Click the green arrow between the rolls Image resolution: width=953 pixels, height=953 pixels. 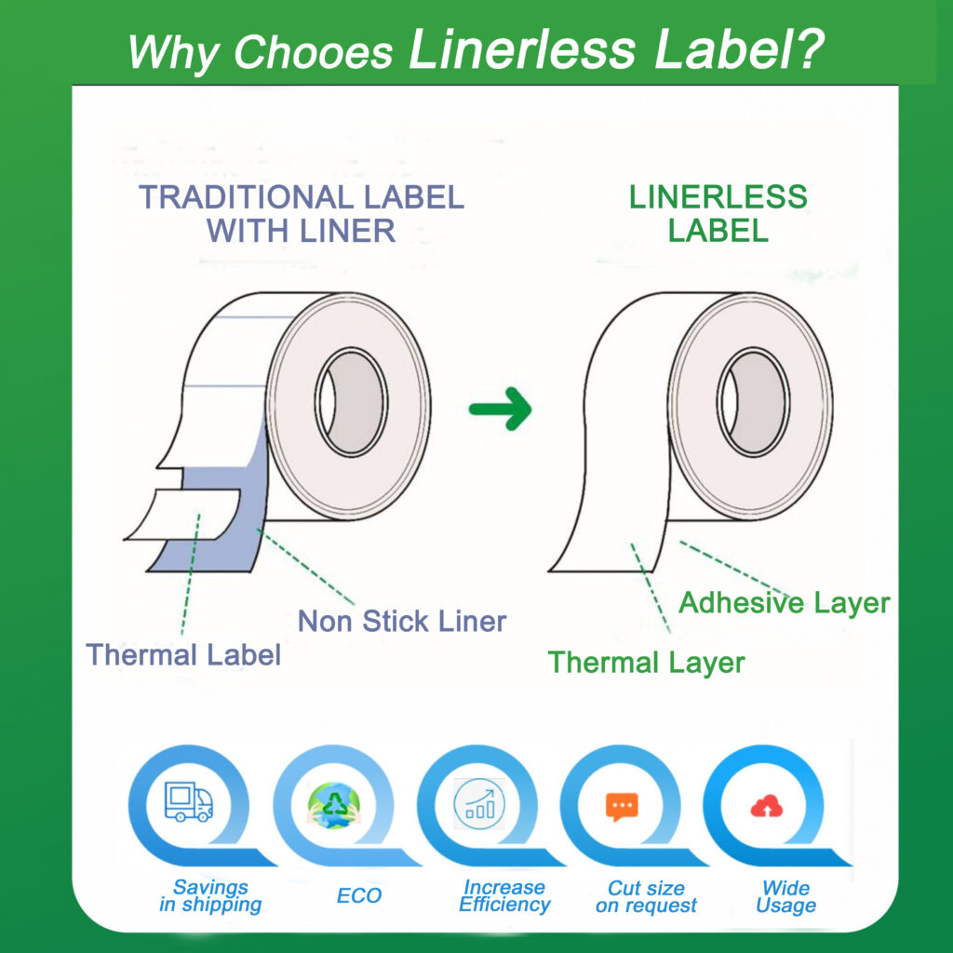(x=501, y=409)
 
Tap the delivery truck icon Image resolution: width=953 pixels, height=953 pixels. (x=189, y=801)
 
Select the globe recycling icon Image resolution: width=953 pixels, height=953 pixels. (x=334, y=805)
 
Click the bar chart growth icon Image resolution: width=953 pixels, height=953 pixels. (x=479, y=804)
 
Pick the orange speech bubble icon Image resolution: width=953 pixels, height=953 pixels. (x=622, y=807)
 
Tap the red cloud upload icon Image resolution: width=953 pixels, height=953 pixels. (x=767, y=807)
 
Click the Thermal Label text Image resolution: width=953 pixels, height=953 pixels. (x=183, y=654)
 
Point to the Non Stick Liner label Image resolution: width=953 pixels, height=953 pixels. (x=402, y=621)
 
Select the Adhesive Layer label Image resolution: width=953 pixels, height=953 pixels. (x=784, y=603)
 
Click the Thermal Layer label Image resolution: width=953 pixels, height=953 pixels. (x=646, y=663)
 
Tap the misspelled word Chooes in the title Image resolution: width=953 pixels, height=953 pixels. (x=313, y=51)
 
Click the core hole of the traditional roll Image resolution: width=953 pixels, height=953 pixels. (x=351, y=402)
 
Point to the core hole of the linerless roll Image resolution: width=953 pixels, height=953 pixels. (x=753, y=402)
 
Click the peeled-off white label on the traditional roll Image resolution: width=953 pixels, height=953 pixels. (x=183, y=514)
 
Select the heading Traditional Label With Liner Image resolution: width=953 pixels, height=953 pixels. (x=302, y=213)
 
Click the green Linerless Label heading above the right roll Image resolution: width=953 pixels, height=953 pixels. (x=718, y=213)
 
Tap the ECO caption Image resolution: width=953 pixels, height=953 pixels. (x=359, y=895)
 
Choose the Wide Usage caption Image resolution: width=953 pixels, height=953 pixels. (x=785, y=896)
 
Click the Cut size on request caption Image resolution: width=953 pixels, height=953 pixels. (x=646, y=896)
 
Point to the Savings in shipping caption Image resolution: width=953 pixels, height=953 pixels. (x=210, y=896)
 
